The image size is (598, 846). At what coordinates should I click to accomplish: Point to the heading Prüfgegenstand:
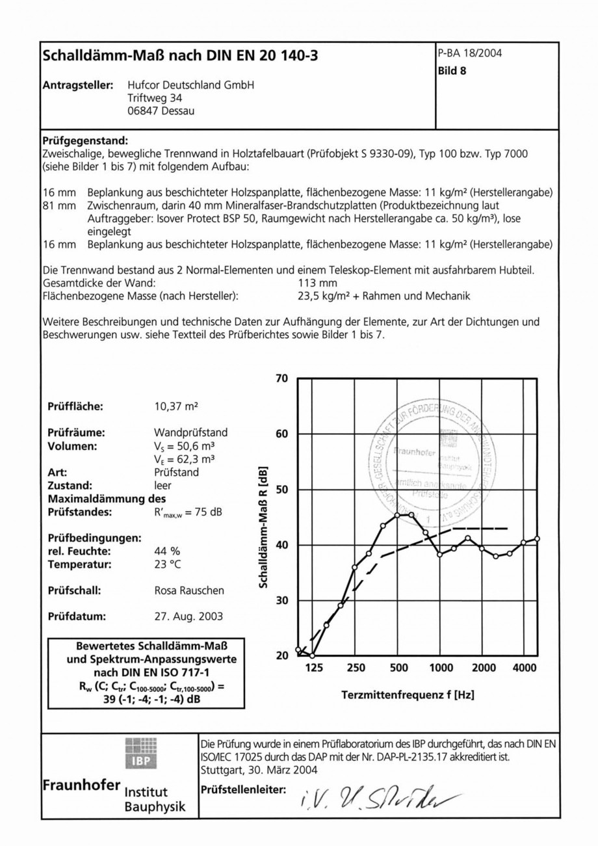click(x=85, y=140)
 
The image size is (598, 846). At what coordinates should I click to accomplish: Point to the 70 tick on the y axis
click(x=282, y=378)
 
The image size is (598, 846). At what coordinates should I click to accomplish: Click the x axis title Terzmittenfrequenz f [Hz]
click(x=408, y=695)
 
